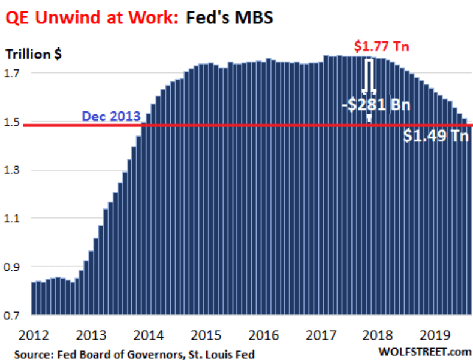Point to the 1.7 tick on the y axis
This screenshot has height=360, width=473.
[x=14, y=74]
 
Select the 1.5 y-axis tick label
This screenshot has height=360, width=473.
[x=14, y=122]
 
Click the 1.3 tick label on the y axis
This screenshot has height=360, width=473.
[x=14, y=170]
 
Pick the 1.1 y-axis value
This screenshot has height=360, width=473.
[x=14, y=219]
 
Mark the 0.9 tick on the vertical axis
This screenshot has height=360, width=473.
[x=14, y=267]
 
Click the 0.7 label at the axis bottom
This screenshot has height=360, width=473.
[x=14, y=315]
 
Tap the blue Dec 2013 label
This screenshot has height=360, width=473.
[x=110, y=116]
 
